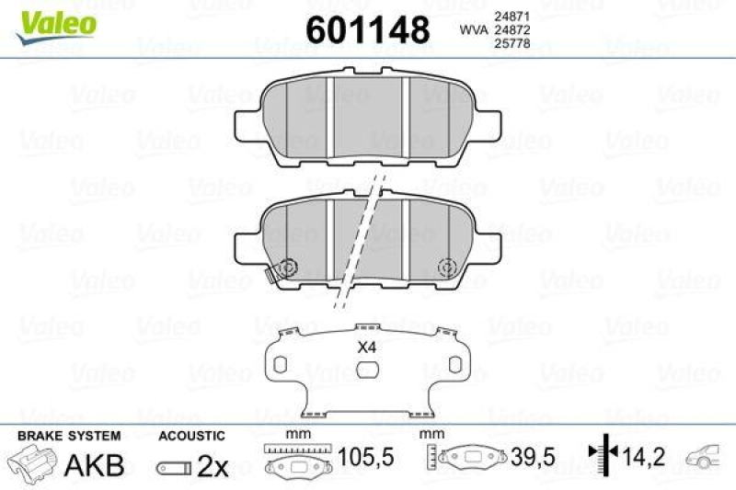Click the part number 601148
[367, 31]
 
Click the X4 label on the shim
[367, 348]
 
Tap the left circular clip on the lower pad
[287, 267]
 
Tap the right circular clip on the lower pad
[448, 267]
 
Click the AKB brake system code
[94, 465]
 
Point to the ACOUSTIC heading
[190, 435]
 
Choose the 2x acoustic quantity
[213, 466]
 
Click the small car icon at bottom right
[705, 454]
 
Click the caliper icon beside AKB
[33, 463]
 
